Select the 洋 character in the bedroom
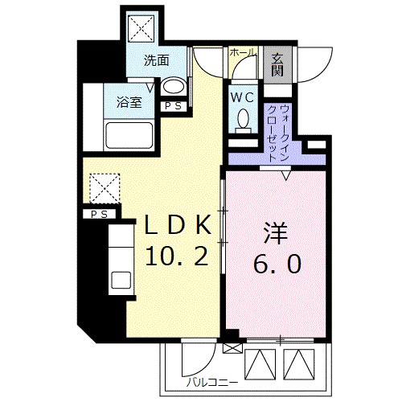(x=275, y=233)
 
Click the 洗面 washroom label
(x=156, y=60)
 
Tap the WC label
(x=242, y=97)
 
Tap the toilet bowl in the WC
(x=243, y=121)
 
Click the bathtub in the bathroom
(x=130, y=137)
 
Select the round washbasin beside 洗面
(x=171, y=87)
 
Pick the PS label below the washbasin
(x=171, y=106)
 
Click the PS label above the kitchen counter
(x=99, y=214)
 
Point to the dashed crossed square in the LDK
(x=102, y=189)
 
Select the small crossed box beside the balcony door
(x=232, y=349)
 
